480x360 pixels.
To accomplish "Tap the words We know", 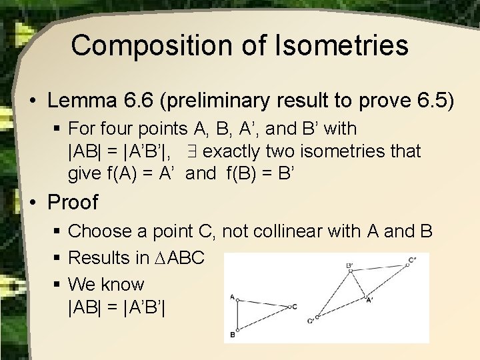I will coord(106,285).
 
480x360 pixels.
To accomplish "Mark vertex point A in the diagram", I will coord(237,300).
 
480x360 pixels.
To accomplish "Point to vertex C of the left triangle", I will coord(287,307).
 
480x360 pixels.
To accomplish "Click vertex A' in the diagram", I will coord(366,298).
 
